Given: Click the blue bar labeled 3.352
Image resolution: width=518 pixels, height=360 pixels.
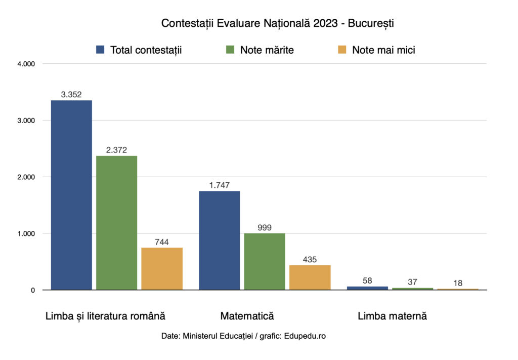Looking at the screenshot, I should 71,195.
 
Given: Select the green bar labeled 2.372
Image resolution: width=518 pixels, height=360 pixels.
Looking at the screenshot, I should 116,223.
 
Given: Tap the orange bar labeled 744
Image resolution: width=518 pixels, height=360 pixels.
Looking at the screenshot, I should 162,268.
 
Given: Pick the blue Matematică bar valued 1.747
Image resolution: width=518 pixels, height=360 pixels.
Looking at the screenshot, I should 219,241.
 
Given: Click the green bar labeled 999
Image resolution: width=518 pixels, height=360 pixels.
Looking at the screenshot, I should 265,261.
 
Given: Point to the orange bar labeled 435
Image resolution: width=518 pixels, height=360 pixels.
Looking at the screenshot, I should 310,277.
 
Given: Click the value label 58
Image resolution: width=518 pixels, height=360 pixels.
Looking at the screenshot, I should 367,280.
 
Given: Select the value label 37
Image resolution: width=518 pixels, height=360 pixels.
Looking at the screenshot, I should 412,282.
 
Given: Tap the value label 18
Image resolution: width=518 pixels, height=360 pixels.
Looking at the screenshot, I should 458,283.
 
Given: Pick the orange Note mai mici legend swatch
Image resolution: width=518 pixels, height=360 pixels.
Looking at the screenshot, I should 342,50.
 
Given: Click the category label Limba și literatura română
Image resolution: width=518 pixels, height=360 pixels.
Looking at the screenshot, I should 105,316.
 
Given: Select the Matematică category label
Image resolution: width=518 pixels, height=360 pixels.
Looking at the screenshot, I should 247,316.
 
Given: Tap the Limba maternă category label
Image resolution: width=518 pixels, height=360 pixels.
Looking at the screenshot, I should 392,316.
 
